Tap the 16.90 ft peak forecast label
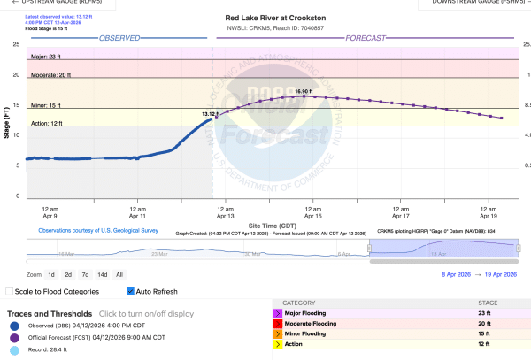click(304, 92)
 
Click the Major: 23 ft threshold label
click(50, 56)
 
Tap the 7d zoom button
click(85, 275)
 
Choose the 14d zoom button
click(102, 275)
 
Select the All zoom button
click(119, 275)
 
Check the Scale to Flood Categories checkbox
click(10, 291)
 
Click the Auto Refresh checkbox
click(130, 291)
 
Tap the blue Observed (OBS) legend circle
click(12, 326)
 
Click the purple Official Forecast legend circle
click(12, 339)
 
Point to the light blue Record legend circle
click(12, 351)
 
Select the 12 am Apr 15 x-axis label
click(313, 211)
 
